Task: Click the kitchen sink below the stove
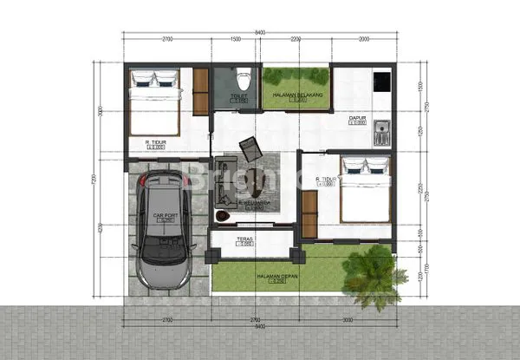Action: pyautogui.click(x=382, y=134)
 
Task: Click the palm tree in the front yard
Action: pyautogui.click(x=374, y=276)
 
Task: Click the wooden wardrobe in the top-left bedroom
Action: pyautogui.click(x=200, y=91)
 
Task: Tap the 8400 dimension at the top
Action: pyautogui.click(x=259, y=32)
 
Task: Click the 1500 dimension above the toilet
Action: pyautogui.click(x=235, y=39)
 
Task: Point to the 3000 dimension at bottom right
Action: pyautogui.click(x=346, y=320)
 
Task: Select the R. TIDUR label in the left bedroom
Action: pyautogui.click(x=156, y=141)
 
